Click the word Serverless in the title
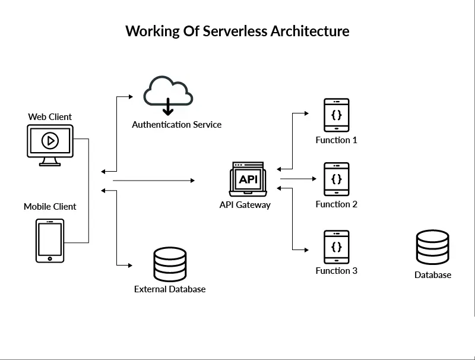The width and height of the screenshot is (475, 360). pyautogui.click(x=235, y=31)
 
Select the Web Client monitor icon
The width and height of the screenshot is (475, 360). pyautogui.click(x=50, y=145)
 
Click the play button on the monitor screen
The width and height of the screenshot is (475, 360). pyautogui.click(x=50, y=141)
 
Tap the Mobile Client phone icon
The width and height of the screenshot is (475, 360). pyautogui.click(x=50, y=241)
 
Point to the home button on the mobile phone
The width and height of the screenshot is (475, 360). pyautogui.click(x=50, y=258)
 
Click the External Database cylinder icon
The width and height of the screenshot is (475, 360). pyautogui.click(x=170, y=264)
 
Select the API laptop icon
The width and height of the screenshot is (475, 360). pyautogui.click(x=248, y=179)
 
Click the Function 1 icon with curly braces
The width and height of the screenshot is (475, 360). pyautogui.click(x=337, y=115)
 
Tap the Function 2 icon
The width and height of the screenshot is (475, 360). pyautogui.click(x=337, y=179)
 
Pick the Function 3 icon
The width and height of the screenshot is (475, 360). pyautogui.click(x=337, y=247)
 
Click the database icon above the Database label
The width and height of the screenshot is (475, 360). pyautogui.click(x=433, y=247)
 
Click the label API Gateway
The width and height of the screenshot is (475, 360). pyautogui.click(x=245, y=205)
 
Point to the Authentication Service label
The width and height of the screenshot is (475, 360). pyautogui.click(x=176, y=125)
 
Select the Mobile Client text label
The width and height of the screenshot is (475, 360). pyautogui.click(x=50, y=207)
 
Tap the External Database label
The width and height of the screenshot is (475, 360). pyautogui.click(x=170, y=289)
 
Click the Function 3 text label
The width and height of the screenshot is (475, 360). pyautogui.click(x=337, y=271)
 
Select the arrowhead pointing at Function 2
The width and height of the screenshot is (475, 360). pyautogui.click(x=315, y=179)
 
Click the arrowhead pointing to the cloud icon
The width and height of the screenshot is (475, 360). pyautogui.click(x=131, y=97)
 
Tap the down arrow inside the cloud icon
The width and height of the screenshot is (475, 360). pyautogui.click(x=168, y=107)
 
